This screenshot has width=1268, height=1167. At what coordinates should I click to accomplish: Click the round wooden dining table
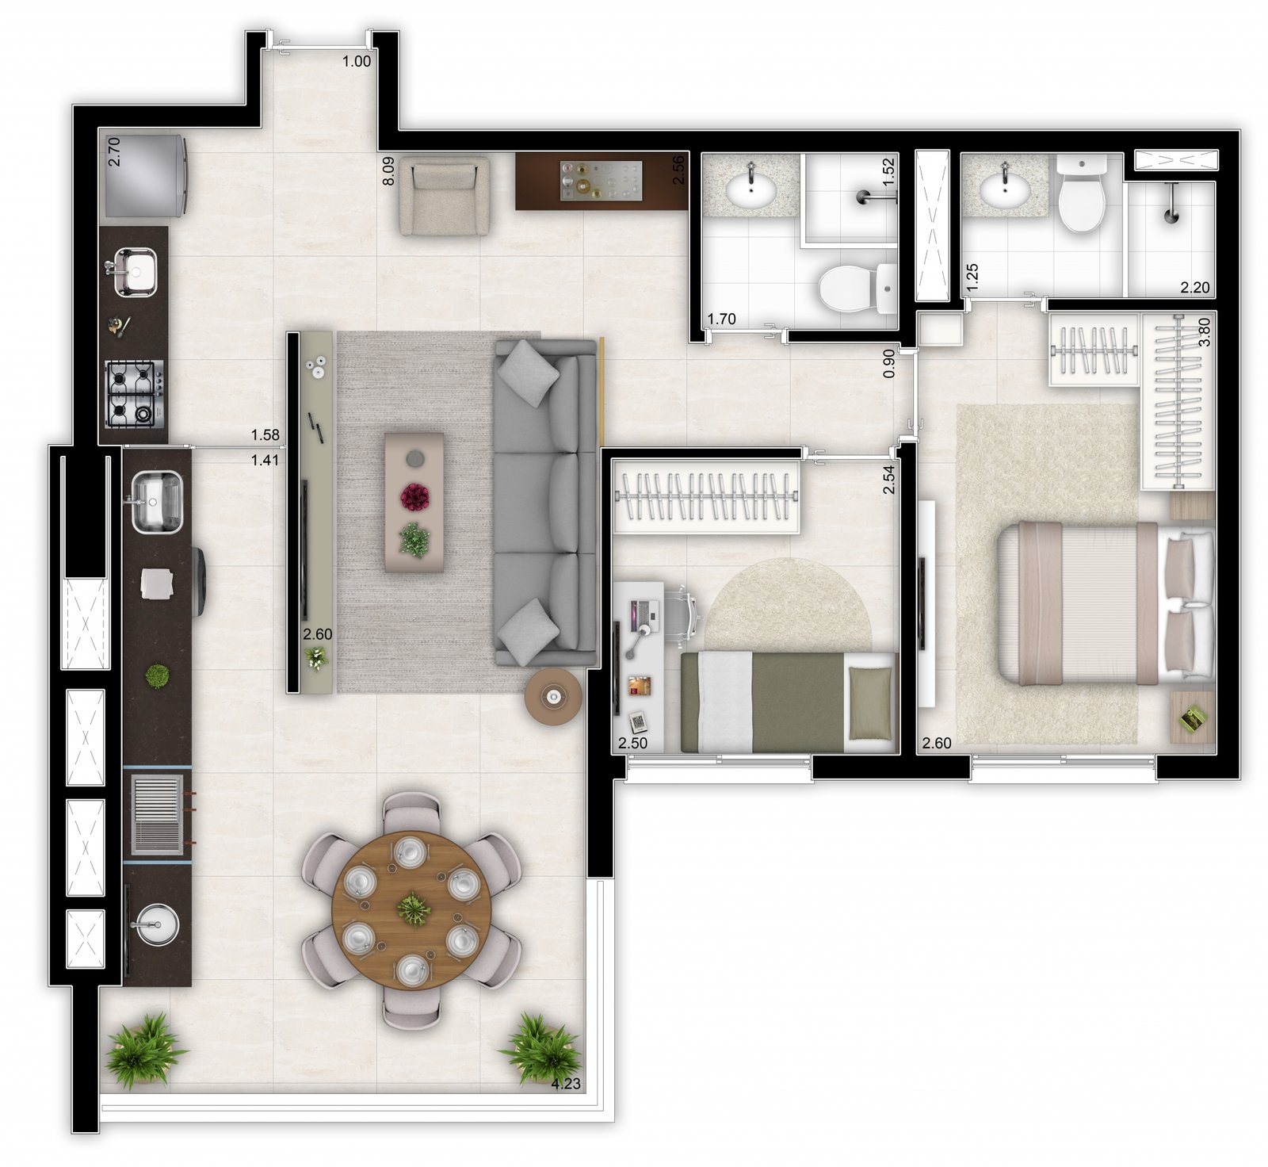(x=411, y=909)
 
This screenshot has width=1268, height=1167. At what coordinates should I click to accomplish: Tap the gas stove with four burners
(x=134, y=394)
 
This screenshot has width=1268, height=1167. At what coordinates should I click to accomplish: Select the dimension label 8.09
(x=388, y=170)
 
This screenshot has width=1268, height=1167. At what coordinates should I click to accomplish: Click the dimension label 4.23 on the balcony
(x=566, y=1084)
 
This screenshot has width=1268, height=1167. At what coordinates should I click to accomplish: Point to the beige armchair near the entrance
(x=444, y=196)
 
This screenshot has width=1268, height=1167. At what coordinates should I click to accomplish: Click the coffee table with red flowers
(x=414, y=502)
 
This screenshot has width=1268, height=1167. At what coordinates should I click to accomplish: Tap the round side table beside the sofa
(x=553, y=696)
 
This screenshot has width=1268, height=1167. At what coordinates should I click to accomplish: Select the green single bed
(x=788, y=702)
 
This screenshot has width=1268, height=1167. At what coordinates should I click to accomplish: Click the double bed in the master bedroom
(x=1106, y=603)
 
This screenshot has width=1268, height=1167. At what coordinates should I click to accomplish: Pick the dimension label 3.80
(x=1205, y=331)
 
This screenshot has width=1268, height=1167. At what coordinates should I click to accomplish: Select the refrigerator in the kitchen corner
(x=145, y=175)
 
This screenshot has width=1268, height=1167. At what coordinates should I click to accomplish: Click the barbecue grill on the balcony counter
(x=157, y=815)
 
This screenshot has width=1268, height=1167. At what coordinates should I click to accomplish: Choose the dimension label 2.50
(x=632, y=744)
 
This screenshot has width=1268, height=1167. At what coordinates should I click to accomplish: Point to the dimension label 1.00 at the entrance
(x=357, y=61)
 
